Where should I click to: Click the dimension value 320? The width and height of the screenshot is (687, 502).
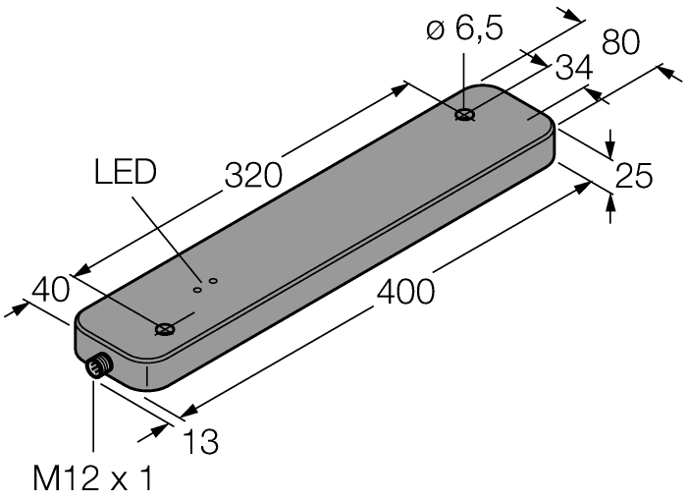pyautogui.click(x=253, y=174)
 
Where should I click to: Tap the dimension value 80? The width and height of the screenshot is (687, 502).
pyautogui.click(x=620, y=42)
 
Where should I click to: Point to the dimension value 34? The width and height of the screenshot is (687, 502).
pyautogui.click(x=572, y=71)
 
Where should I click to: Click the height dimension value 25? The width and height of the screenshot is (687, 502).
pyautogui.click(x=634, y=176)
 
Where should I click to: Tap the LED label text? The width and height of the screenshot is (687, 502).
pyautogui.click(x=125, y=173)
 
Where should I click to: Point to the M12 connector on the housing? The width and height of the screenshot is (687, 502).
pyautogui.click(x=97, y=367)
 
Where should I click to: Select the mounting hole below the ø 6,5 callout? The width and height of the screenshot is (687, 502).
pyautogui.click(x=465, y=115)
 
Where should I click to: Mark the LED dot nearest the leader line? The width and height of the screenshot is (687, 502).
pyautogui.click(x=196, y=289)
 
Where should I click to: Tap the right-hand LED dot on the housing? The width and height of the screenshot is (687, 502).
pyautogui.click(x=213, y=282)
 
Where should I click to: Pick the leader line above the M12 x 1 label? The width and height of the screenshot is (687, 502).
pyautogui.click(x=93, y=422)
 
